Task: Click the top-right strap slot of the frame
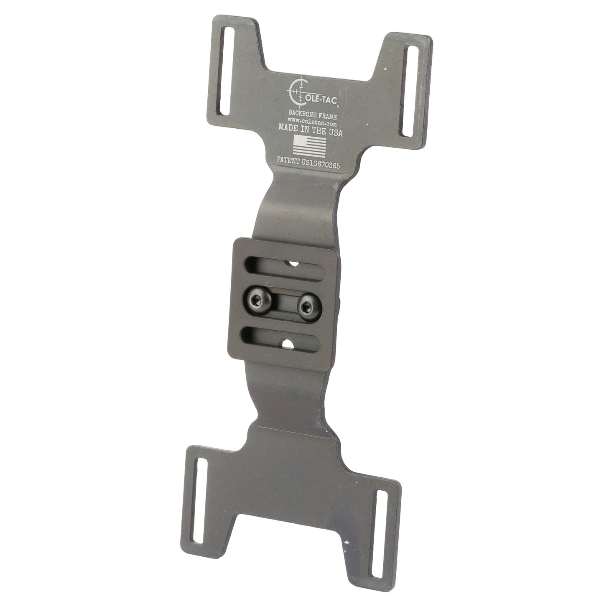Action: pos(408,91)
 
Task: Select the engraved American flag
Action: pos(309,146)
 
